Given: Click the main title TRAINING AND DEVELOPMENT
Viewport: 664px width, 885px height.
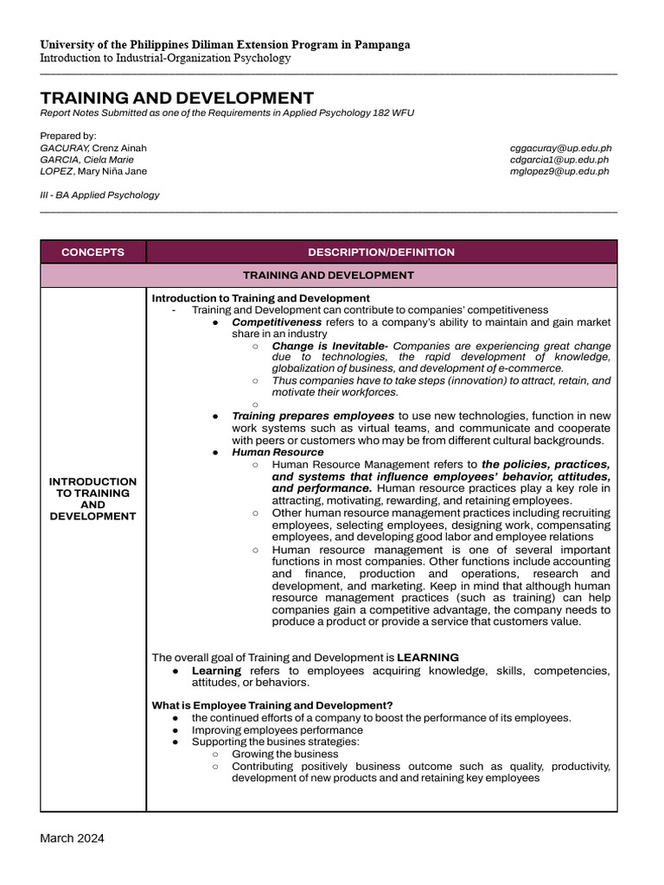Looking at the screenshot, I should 177,98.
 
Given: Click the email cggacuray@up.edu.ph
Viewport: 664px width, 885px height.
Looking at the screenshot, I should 560,149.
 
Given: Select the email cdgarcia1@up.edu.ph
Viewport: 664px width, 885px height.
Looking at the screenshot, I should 559,160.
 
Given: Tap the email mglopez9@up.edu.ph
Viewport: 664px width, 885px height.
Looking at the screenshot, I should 559,171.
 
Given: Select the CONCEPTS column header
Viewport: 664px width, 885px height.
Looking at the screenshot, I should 93,252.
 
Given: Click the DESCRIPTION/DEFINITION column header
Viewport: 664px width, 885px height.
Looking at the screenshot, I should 381,252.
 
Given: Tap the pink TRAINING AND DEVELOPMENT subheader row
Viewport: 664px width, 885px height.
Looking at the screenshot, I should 328,275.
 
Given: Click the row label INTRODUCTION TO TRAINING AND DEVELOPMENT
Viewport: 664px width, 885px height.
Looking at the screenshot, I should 93,499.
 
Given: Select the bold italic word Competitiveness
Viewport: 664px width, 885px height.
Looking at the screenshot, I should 277,322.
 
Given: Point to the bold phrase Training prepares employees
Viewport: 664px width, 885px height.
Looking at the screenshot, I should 313,416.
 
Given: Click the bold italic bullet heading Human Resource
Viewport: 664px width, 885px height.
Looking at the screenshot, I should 278,452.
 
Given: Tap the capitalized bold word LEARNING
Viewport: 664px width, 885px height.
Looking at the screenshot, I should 428,658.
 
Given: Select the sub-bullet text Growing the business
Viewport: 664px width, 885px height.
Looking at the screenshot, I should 285,754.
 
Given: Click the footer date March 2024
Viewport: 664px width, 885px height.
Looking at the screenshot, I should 72,838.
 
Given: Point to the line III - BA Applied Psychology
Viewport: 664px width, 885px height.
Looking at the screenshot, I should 99,195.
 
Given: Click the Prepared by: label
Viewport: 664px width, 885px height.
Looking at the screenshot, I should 68,136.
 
